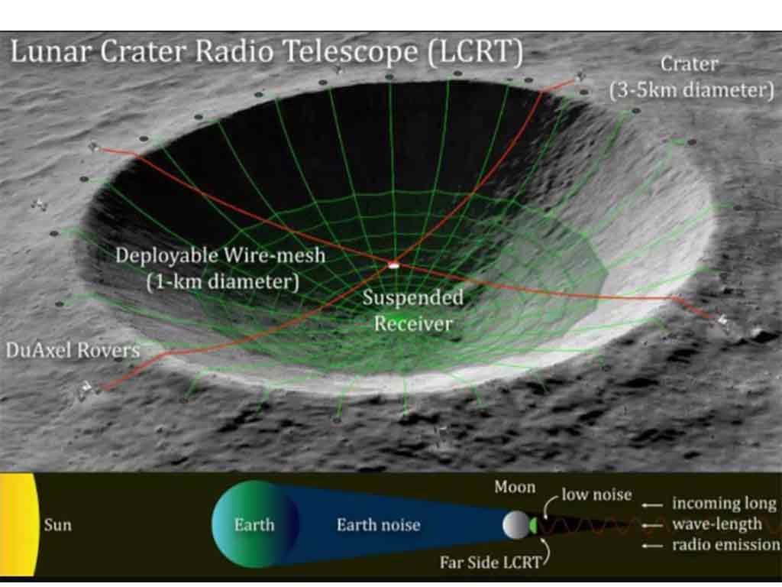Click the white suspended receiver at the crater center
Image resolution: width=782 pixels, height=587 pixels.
click(393, 265)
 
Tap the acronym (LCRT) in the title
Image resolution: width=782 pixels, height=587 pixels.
click(475, 52)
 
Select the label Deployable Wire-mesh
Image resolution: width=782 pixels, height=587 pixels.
click(220, 255)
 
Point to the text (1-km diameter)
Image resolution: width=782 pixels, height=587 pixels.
click(222, 282)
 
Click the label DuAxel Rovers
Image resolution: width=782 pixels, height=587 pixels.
click(73, 350)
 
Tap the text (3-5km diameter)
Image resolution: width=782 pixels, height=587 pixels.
click(692, 90)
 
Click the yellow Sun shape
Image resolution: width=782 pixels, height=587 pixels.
click(19, 525)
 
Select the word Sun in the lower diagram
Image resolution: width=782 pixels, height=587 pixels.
click(57, 525)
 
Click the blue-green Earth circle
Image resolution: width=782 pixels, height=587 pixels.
click(255, 524)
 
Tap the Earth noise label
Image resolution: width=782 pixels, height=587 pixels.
click(379, 524)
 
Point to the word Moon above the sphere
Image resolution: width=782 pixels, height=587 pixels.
click(515, 487)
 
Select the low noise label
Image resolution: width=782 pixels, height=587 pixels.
click(596, 495)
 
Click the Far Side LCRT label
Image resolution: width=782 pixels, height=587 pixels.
click(490, 563)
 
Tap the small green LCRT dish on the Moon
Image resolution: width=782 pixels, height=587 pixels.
click(533, 525)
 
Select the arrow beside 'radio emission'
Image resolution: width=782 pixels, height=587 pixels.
click(652, 546)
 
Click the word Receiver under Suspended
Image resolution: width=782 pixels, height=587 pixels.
click(413, 323)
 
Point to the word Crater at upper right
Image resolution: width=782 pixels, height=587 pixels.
click(690, 64)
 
